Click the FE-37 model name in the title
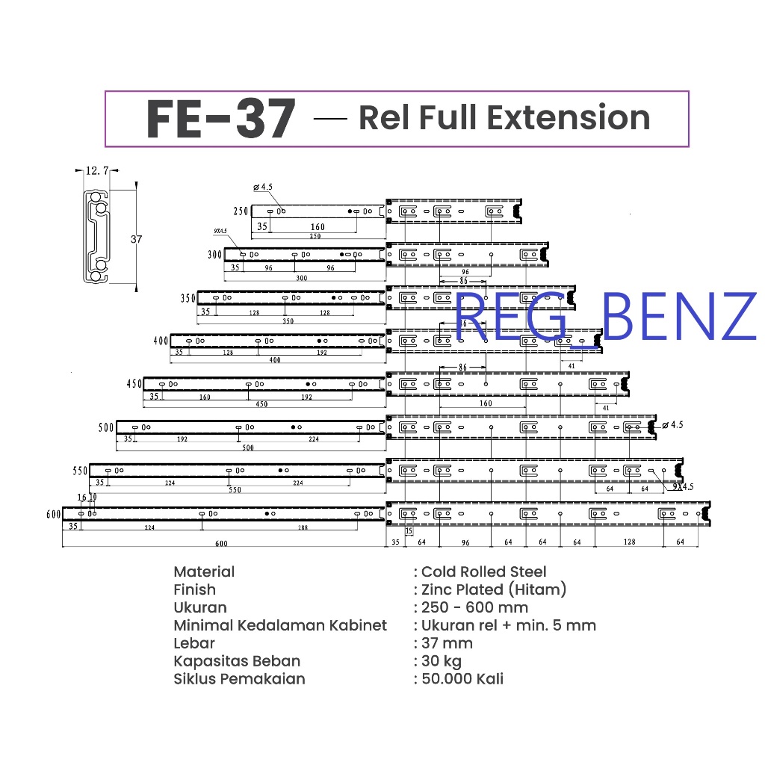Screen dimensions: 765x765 click(x=221, y=120)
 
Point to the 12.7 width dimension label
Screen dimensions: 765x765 click(x=98, y=171)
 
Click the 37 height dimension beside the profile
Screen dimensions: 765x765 click(x=136, y=239)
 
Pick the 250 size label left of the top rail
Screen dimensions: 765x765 click(x=241, y=211)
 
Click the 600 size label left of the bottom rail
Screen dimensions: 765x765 click(x=53, y=514)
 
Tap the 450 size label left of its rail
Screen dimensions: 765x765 click(x=134, y=384)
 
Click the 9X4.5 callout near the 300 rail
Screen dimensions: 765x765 click(x=219, y=241)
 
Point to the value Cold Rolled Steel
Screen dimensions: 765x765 click(x=483, y=572)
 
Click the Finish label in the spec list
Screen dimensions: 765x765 click(x=194, y=590)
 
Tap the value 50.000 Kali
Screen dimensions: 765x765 click(x=462, y=679)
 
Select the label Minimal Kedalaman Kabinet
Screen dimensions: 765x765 click(x=280, y=625)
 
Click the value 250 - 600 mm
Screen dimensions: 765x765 click(x=474, y=607)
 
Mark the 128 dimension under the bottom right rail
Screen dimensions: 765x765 click(x=629, y=542)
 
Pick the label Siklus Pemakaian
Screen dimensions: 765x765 click(x=239, y=679)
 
